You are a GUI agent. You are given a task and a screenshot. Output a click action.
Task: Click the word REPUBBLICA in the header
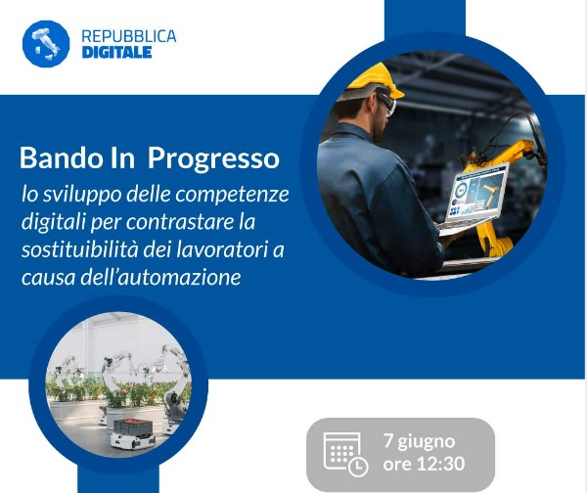pyautogui.click(x=129, y=36)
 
